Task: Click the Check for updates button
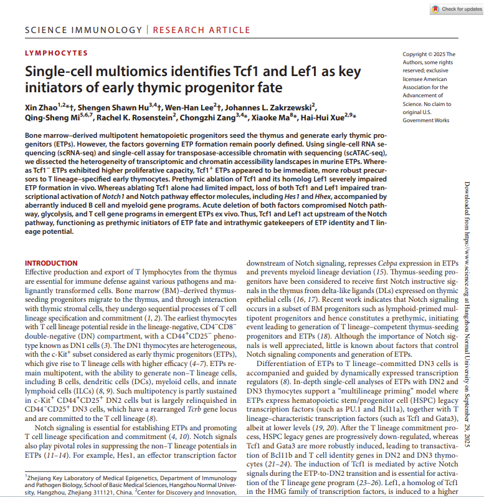[456, 9]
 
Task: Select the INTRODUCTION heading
[51, 264]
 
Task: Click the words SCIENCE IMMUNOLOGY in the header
[84, 30]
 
